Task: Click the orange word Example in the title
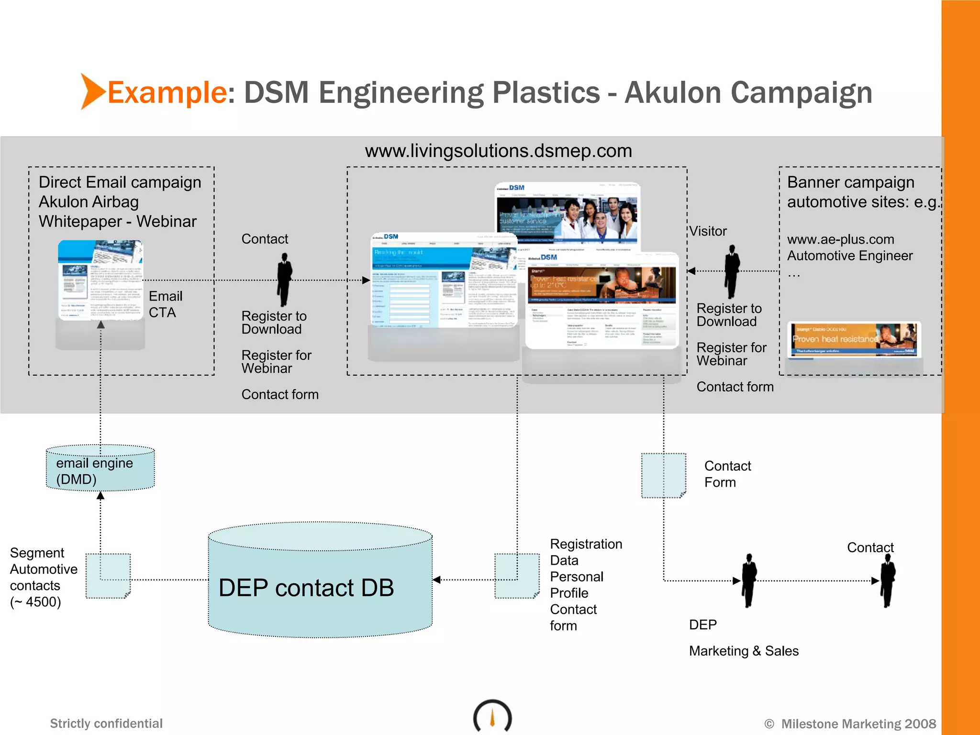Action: [x=167, y=92]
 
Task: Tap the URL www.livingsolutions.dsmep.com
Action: [x=498, y=151]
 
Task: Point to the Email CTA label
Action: [x=165, y=304]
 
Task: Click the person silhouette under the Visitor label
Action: [x=732, y=271]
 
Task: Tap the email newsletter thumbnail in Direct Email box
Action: [x=100, y=280]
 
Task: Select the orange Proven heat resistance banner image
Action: [x=854, y=339]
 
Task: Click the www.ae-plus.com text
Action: [x=840, y=239]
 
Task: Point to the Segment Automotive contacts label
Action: [x=43, y=577]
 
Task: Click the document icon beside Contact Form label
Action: [x=663, y=476]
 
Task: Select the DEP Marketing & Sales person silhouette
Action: [x=748, y=580]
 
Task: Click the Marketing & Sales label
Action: [x=744, y=651]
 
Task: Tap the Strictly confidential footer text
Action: [x=106, y=723]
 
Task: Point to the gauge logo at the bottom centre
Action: [x=492, y=716]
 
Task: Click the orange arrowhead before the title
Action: [x=92, y=91]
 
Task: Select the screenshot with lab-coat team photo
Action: [x=567, y=216]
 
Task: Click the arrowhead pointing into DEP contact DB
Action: [x=436, y=580]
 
